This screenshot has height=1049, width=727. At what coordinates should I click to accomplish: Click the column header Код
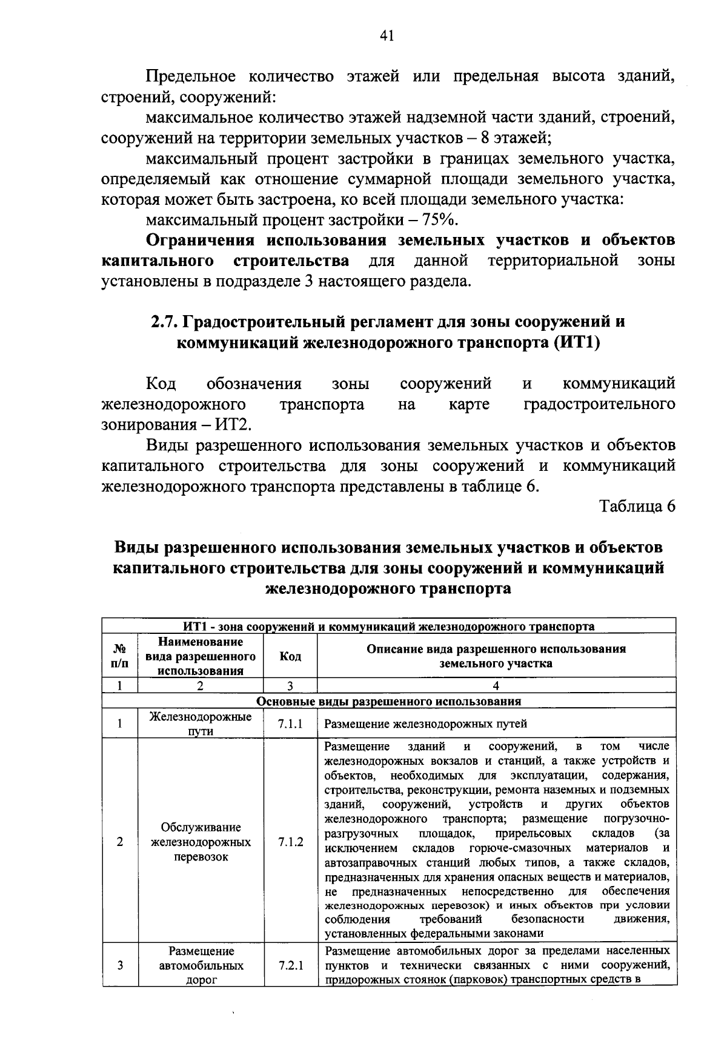(x=290, y=656)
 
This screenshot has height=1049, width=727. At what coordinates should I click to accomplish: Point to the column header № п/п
(x=120, y=656)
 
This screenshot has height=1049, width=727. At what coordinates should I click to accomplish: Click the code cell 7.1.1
(x=290, y=724)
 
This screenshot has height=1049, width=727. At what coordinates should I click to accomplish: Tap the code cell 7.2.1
(x=290, y=966)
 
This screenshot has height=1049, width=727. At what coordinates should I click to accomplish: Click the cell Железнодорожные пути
(x=201, y=724)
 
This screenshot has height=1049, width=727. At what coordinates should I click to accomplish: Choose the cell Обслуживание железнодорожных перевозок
(x=201, y=842)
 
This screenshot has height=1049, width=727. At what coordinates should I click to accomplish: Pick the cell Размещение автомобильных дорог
(x=201, y=966)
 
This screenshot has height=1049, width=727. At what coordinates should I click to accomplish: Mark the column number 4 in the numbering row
(x=496, y=686)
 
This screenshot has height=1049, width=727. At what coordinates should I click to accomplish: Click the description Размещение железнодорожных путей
(x=425, y=724)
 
